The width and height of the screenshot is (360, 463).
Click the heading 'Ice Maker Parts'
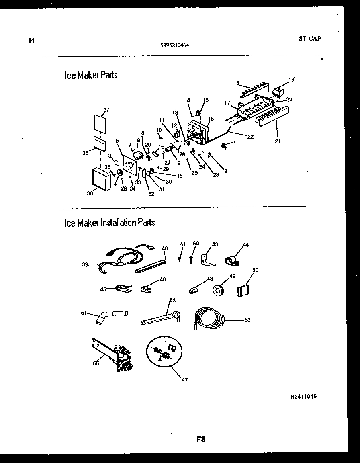(x=91, y=75)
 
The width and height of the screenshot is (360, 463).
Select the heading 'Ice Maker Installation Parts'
(x=109, y=222)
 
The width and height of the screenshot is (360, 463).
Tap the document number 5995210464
(x=175, y=45)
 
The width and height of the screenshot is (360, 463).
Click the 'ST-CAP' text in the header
(x=310, y=39)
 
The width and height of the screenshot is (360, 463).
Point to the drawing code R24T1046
(x=304, y=396)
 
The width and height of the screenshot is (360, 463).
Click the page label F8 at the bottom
(x=201, y=439)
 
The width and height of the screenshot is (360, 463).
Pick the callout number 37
(x=106, y=109)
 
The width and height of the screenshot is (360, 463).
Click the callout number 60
(x=196, y=243)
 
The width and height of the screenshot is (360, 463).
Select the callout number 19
(x=291, y=79)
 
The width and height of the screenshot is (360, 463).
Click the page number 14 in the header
(x=31, y=40)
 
